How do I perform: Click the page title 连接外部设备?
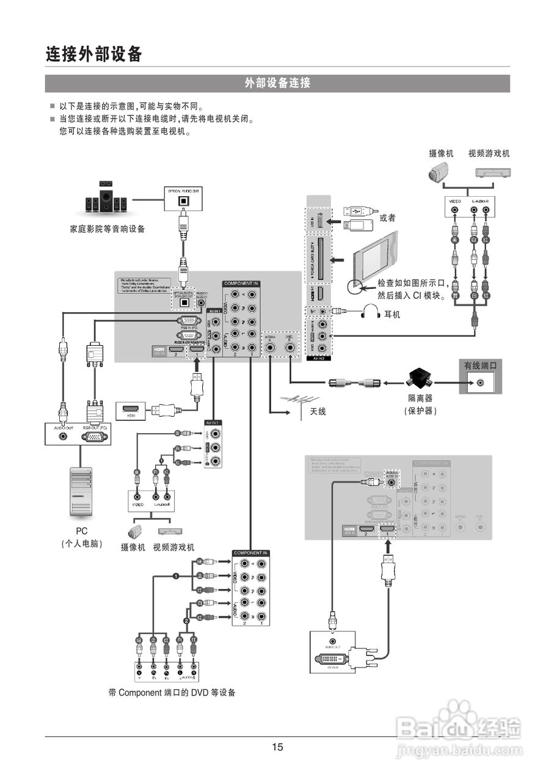pos(94,54)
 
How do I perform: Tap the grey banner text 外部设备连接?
pos(278,83)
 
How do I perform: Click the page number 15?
pos(278,747)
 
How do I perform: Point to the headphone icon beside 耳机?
pos(371,313)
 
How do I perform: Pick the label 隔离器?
pos(420,398)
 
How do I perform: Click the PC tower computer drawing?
pos(81,487)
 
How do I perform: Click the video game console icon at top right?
pos(492,172)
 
